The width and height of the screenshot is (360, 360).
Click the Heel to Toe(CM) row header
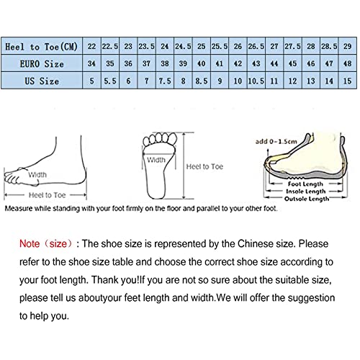40,45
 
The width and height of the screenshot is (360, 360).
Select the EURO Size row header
40,64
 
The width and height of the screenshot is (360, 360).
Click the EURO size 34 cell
91,64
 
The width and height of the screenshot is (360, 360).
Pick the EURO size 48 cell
347,64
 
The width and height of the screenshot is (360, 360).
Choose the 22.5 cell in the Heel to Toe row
109,45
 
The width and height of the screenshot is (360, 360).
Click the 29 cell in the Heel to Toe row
347,45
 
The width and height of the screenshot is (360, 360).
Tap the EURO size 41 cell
219,64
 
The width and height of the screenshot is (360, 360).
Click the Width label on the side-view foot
37,174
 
